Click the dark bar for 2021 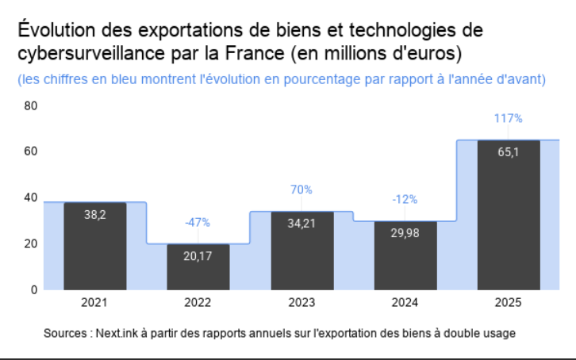95,247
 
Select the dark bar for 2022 198,267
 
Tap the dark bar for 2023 302,251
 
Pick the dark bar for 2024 405,256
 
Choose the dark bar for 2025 509,216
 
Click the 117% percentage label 508,118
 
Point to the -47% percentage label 198,222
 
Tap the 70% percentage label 301,190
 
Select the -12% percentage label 405,200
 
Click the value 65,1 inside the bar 508,152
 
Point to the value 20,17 198,256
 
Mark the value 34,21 301,224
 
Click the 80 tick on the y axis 31,106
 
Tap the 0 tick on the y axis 34,290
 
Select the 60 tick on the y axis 31,151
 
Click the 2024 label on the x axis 405,302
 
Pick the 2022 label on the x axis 198,302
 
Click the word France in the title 255,53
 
